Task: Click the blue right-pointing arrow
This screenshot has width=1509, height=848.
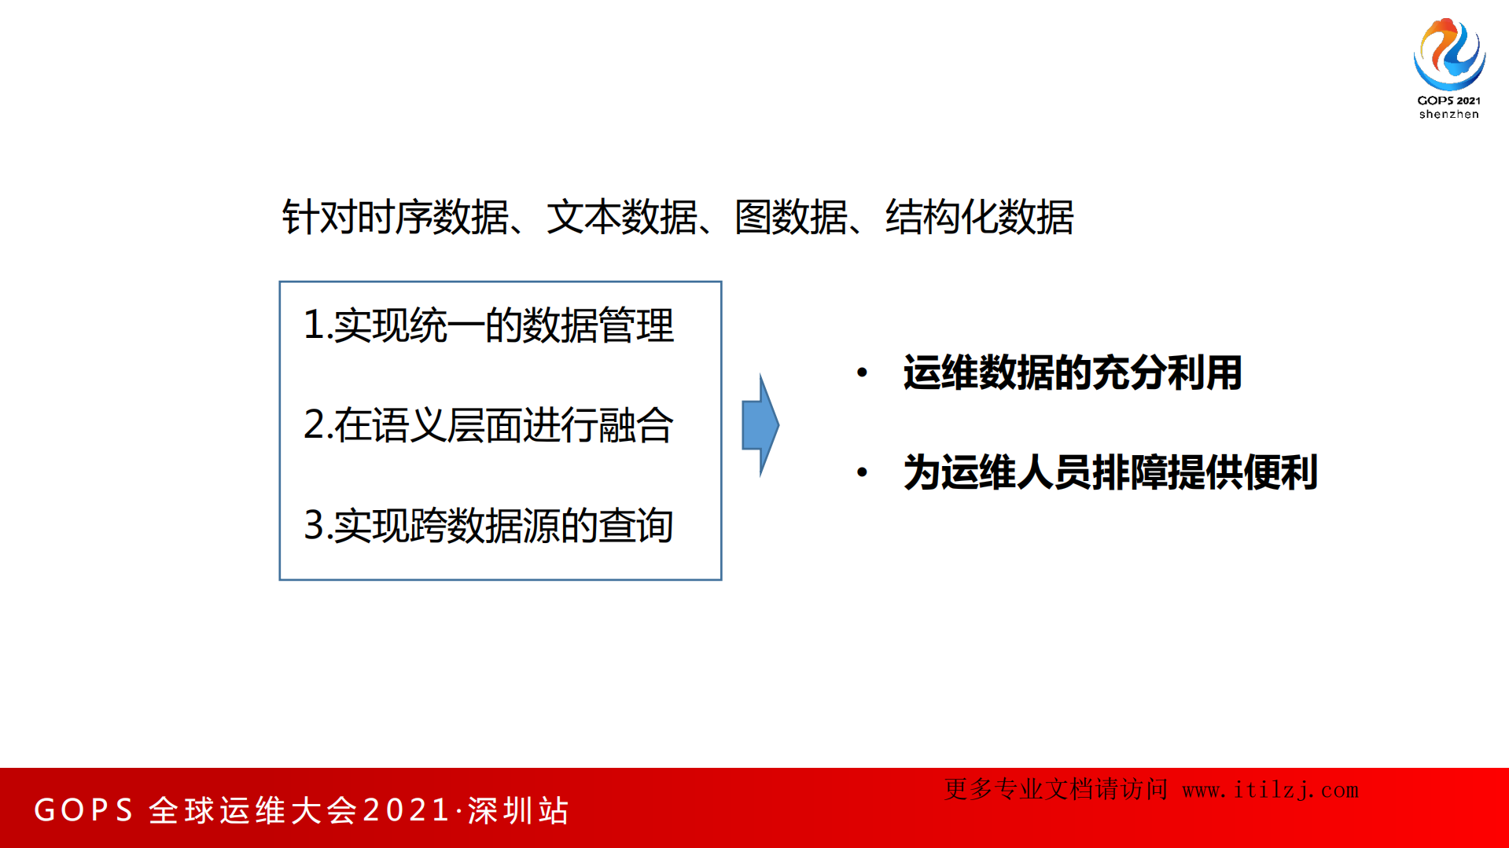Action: pos(760,424)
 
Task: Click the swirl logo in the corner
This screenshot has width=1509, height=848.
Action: pos(1448,53)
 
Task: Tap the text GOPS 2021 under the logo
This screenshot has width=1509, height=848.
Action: pos(1448,101)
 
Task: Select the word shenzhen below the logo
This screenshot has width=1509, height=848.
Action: pos(1448,115)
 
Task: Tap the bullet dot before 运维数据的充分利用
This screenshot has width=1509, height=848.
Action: pos(862,373)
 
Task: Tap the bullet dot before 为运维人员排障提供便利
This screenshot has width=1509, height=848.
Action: pos(862,472)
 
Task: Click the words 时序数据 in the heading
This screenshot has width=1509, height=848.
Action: pos(432,217)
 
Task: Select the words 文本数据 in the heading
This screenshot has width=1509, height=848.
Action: pos(621,217)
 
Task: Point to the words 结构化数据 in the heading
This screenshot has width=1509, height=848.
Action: pos(979,217)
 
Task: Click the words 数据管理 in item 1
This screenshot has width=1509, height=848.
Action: pos(598,325)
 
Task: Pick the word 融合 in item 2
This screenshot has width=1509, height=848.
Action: pos(635,425)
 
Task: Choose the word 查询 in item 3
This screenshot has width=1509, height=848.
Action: pos(635,525)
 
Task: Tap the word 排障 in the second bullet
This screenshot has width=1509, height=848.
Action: pos(1129,472)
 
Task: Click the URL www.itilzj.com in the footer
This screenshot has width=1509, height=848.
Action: pos(1270,790)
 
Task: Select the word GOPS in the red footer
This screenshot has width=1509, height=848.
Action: pos(84,810)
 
